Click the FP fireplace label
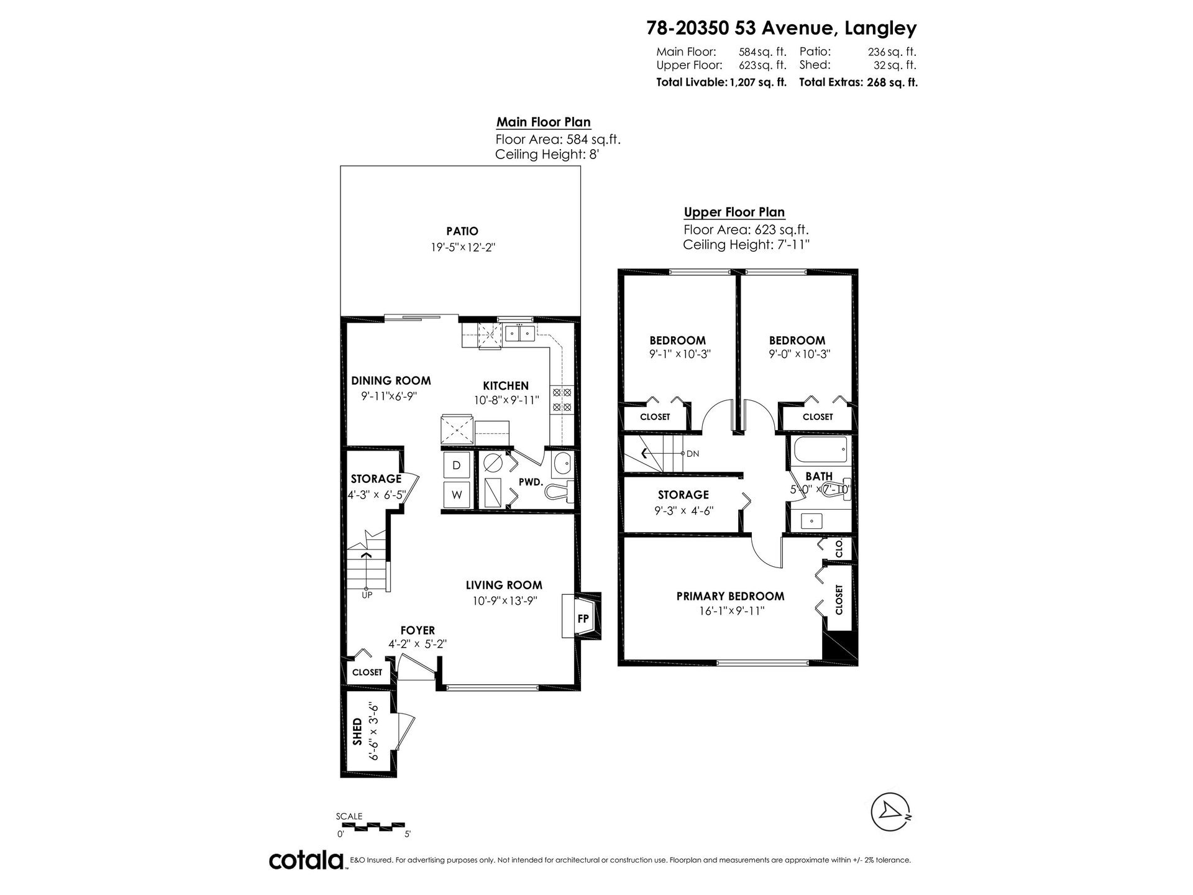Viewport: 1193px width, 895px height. (x=583, y=618)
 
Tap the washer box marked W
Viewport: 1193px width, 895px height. (x=457, y=495)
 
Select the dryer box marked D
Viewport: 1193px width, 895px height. (x=457, y=465)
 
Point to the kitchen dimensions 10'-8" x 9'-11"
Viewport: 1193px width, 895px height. (x=506, y=401)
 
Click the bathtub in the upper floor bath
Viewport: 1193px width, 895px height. (x=818, y=450)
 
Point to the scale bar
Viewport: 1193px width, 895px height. (x=373, y=827)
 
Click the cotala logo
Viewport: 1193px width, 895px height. (x=307, y=860)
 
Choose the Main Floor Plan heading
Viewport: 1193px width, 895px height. (x=543, y=122)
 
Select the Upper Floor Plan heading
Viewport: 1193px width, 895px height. (x=734, y=213)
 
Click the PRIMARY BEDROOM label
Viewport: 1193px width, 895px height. (x=730, y=596)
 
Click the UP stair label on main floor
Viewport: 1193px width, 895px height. (x=367, y=595)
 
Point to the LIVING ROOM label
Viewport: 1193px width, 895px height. (x=504, y=585)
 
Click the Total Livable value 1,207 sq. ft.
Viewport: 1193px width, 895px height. (x=757, y=81)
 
